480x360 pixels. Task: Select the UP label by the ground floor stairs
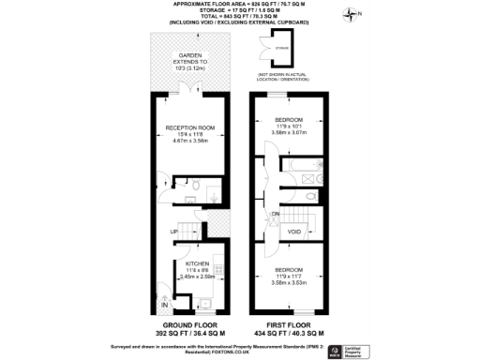(174, 232)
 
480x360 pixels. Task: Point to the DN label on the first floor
(276, 215)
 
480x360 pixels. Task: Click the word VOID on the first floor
(293, 232)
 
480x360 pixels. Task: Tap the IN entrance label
(163, 306)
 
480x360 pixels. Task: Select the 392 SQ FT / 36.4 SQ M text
(194, 334)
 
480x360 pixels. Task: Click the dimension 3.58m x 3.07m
(289, 132)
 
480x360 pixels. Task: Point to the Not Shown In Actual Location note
(282, 75)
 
